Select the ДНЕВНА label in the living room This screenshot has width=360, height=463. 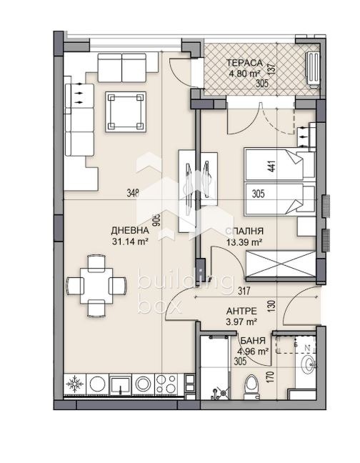tap(129, 231)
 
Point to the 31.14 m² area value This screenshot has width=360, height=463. tap(129, 242)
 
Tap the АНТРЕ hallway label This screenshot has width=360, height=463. tap(244, 311)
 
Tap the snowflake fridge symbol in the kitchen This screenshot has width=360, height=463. tap(74, 385)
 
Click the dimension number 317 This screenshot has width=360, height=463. tap(245, 291)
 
